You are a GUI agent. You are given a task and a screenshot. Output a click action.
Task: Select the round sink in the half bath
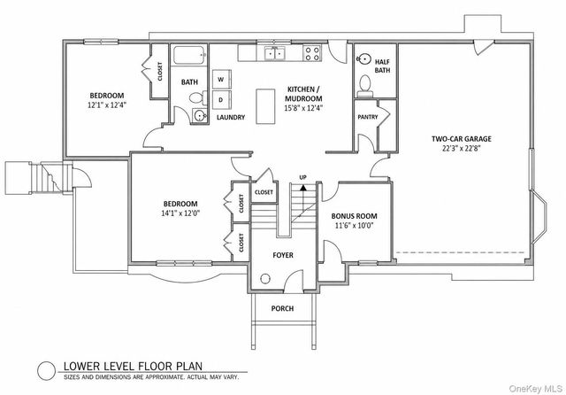point(363,60)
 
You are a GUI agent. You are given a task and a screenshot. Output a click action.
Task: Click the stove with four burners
point(312,53)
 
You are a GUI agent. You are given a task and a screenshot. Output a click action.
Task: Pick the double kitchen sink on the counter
point(273,53)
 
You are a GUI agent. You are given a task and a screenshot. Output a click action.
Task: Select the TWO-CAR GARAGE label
point(461,139)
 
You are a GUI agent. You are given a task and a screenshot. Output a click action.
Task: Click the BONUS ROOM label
point(354,216)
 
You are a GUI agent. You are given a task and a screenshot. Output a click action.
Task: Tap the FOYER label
point(282,255)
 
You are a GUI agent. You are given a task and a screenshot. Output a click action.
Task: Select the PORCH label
point(282,308)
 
